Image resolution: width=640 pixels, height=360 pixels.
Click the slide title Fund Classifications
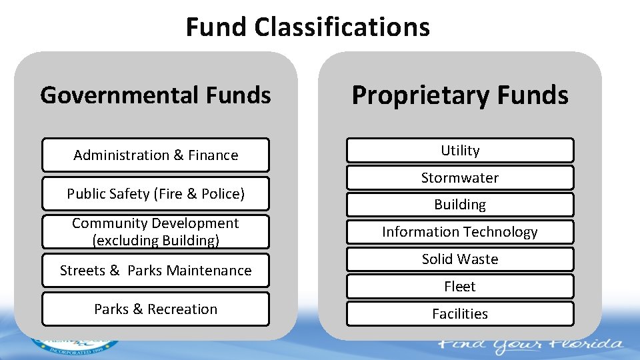pyautogui.click(x=307, y=27)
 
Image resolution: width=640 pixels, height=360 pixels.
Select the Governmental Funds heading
pyautogui.click(x=155, y=95)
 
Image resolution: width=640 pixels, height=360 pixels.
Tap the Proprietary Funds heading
pyautogui.click(x=460, y=95)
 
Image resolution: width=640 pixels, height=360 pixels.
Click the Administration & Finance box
pyautogui.click(x=155, y=155)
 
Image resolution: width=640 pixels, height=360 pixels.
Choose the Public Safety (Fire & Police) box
pyautogui.click(x=155, y=193)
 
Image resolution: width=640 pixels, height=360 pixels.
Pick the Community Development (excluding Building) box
pyautogui.click(x=155, y=231)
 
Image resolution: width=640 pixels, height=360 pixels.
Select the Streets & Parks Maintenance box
pyautogui.click(x=155, y=270)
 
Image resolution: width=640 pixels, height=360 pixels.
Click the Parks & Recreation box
pyautogui.click(x=155, y=309)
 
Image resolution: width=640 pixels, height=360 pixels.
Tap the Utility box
pyautogui.click(x=460, y=151)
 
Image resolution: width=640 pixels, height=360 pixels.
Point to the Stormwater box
pyautogui.click(x=460, y=178)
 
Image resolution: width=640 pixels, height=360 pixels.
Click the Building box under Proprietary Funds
pyautogui.click(x=460, y=205)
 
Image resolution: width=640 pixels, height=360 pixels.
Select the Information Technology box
pyautogui.click(x=460, y=232)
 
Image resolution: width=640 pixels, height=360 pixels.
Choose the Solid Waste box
pyautogui.click(x=460, y=259)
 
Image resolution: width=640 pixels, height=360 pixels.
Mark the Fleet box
pyautogui.click(x=460, y=287)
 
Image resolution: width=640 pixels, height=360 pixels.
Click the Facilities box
pyautogui.click(x=460, y=313)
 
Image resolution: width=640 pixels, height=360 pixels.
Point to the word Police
pyautogui.click(x=223, y=194)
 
